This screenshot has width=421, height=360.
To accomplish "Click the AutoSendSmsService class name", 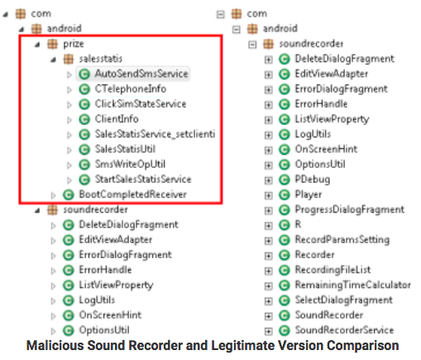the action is pyautogui.click(x=141, y=74).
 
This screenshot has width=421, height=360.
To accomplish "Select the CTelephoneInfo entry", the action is pyautogui.click(x=131, y=89).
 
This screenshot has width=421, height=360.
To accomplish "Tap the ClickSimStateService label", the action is pyautogui.click(x=141, y=103).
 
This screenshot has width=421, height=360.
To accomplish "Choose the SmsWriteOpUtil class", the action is pyautogui.click(x=130, y=164).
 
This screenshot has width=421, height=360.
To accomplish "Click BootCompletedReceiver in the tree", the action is pyautogui.click(x=132, y=194).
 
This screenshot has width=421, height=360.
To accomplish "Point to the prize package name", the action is pyautogui.click(x=74, y=44).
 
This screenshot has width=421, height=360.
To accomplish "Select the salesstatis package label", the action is pyautogui.click(x=101, y=59).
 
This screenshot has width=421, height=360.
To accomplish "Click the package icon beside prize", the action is pyautogui.click(x=52, y=44).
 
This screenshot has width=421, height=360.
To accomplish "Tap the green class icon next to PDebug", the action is pyautogui.click(x=284, y=180).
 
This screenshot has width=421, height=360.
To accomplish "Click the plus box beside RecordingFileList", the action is pyautogui.click(x=268, y=271).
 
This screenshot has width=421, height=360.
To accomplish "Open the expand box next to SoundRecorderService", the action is pyautogui.click(x=268, y=331).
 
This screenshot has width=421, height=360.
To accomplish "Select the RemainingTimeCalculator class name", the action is pyautogui.click(x=353, y=285).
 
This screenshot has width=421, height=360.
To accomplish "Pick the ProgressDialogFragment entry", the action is pyautogui.click(x=350, y=209).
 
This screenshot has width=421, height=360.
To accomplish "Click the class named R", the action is pyautogui.click(x=298, y=224).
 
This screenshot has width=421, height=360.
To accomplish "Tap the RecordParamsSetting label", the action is pyautogui.click(x=342, y=239).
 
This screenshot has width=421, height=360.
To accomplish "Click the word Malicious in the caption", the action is pyautogui.click(x=55, y=346).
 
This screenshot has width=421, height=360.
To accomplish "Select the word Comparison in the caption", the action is pyautogui.click(x=363, y=346).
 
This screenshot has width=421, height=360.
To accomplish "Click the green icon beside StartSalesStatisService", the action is pyautogui.click(x=84, y=180).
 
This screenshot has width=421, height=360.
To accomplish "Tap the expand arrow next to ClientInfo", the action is pyautogui.click(x=69, y=120).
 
